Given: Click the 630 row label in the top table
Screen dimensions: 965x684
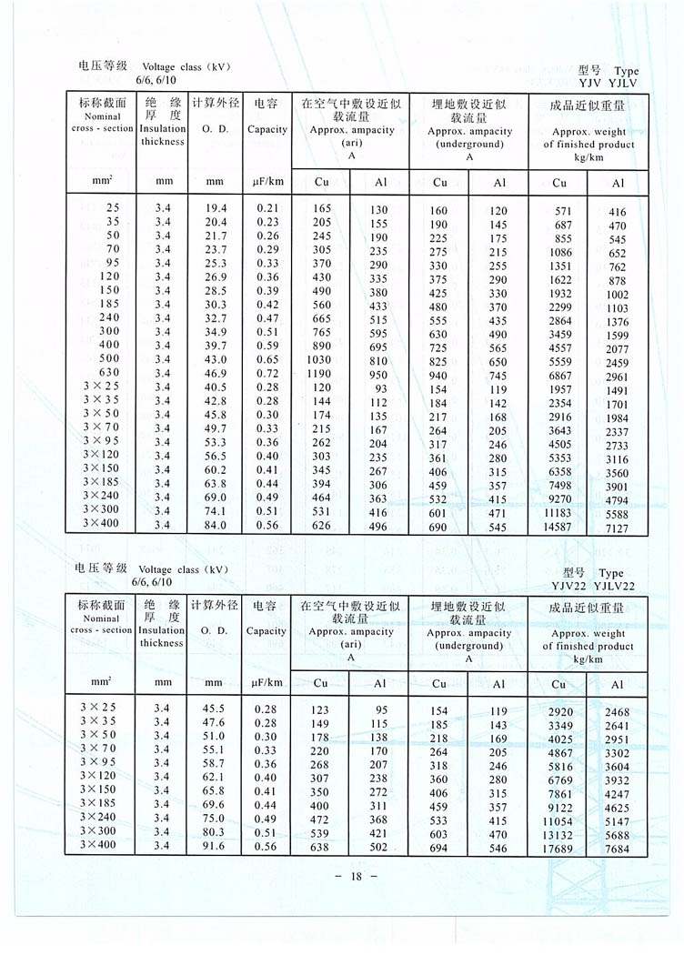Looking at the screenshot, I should click(108, 374).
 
